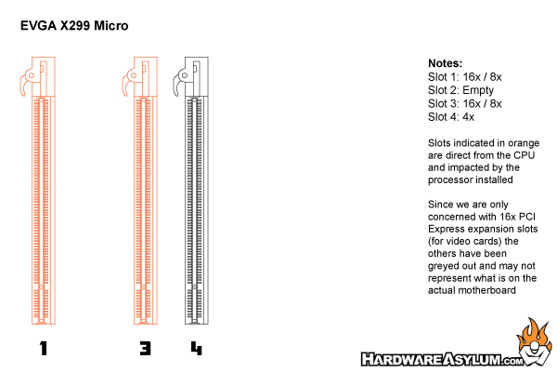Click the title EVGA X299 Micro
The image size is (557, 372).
(74, 26)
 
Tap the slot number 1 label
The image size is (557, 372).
(44, 349)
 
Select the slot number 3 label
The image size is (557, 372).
(146, 349)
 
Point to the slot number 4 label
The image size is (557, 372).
(197, 349)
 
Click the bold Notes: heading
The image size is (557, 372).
(445, 63)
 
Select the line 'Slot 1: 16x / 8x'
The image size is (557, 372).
(465, 77)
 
